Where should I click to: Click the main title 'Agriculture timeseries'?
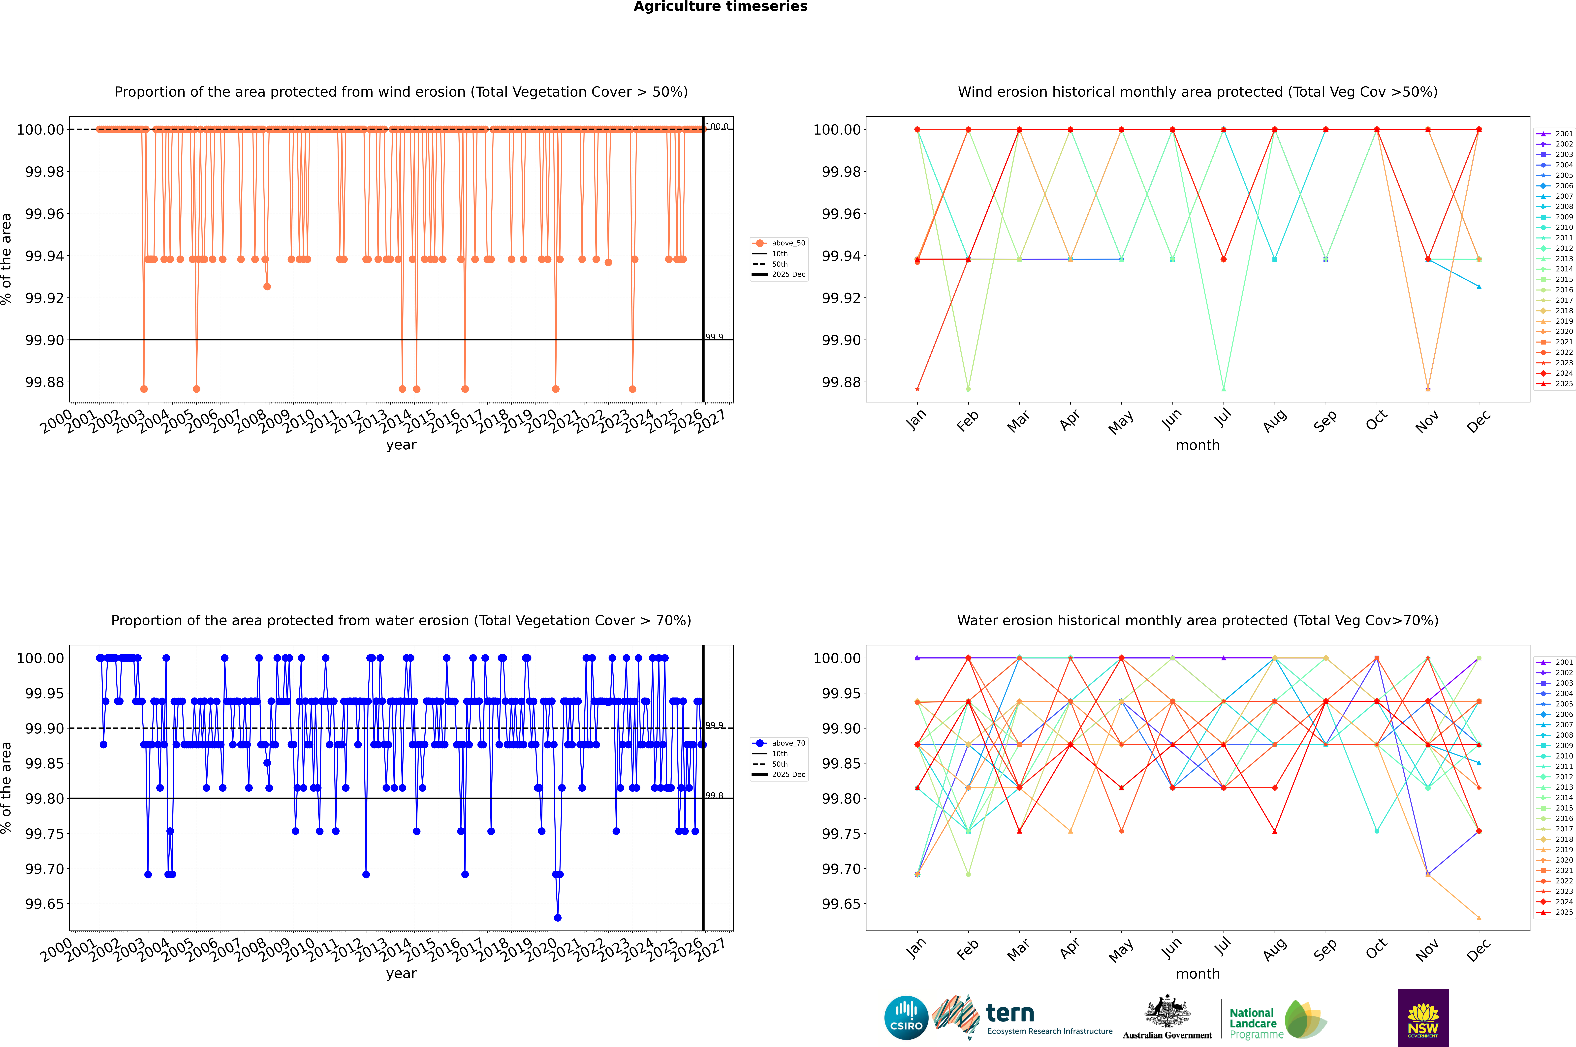[x=720, y=7]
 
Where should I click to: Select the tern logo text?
[x=1010, y=1014]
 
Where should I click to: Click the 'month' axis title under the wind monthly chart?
[x=1197, y=445]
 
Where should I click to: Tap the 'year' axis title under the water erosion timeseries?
[x=401, y=974]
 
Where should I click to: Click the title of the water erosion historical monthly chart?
[x=1197, y=620]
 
